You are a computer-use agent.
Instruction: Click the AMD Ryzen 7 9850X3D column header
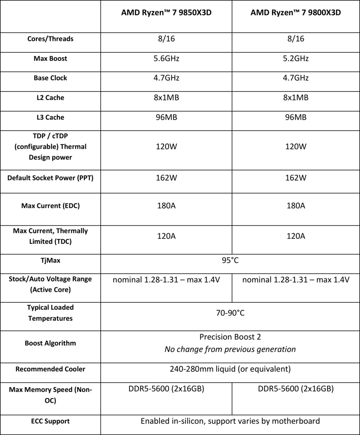[x=166, y=13]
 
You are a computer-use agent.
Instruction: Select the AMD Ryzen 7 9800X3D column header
[x=296, y=13]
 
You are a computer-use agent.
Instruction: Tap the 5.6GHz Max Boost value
[x=166, y=58]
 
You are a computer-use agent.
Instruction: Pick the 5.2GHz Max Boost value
[x=296, y=58]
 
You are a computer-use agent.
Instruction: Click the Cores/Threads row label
[x=51, y=39]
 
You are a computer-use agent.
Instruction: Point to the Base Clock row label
[x=51, y=78]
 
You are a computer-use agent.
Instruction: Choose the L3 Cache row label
[x=51, y=117]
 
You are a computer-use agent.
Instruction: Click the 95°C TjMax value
[x=230, y=260]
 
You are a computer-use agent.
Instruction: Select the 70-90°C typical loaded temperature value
[x=230, y=313]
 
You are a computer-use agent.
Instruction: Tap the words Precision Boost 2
[x=230, y=337]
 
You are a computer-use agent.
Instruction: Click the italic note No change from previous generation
[x=230, y=349]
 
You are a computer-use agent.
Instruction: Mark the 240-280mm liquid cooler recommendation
[x=230, y=369]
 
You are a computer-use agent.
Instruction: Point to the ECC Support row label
[x=51, y=421]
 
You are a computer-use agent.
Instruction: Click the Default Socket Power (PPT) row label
[x=51, y=178]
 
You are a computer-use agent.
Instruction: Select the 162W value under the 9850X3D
[x=166, y=178]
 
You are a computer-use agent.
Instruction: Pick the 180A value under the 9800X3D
[x=296, y=205]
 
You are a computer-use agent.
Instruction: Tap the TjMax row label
[x=51, y=260]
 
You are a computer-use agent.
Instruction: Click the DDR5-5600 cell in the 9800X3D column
[x=296, y=389]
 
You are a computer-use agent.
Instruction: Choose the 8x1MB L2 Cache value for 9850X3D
[x=166, y=98]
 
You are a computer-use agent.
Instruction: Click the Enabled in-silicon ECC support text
[x=230, y=421]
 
